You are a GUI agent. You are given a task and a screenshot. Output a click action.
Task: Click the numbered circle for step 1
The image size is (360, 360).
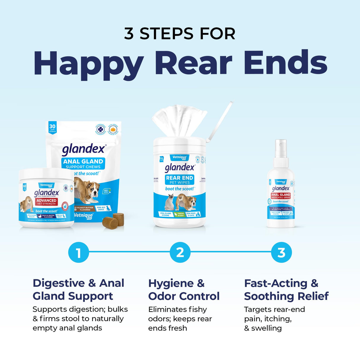78,253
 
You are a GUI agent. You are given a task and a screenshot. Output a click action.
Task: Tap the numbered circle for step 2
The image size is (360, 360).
180,253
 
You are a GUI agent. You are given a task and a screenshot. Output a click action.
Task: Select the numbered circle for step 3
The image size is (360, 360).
281,253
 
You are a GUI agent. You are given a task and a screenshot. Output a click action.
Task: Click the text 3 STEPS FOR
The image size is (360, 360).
180,34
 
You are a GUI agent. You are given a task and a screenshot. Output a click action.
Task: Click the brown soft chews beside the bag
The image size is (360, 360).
113,221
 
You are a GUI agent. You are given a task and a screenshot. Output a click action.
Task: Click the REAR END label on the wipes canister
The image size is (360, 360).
179,178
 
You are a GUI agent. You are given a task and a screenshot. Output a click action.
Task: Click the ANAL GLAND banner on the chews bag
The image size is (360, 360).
83,162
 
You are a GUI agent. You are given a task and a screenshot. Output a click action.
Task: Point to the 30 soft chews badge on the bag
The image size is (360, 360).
52,128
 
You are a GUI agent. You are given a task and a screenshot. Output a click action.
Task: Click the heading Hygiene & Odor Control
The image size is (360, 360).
184,290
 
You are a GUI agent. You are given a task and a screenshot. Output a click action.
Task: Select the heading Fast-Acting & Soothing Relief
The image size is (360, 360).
286,290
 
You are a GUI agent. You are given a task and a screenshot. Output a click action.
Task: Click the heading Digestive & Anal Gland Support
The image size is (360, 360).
78,290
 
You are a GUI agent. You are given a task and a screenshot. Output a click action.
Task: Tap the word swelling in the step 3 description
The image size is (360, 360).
266,328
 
